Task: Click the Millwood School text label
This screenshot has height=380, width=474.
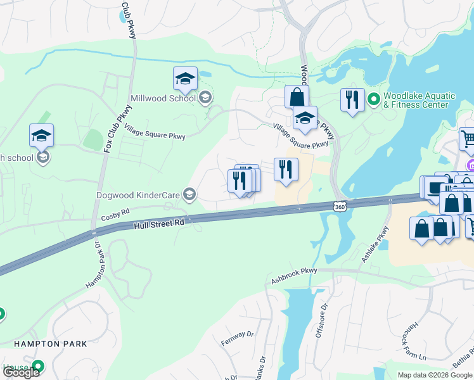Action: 163,98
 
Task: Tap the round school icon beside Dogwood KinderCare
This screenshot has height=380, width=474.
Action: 189,194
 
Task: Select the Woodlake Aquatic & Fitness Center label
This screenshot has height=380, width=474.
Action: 419,100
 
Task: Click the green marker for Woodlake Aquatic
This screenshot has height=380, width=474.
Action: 374,99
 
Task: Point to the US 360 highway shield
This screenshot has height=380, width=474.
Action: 340,206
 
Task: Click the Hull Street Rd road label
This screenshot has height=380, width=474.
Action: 159,225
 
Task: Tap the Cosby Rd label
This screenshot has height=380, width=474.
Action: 115,215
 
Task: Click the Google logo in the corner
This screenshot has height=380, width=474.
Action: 20,372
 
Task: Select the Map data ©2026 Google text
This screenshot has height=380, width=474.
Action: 435,375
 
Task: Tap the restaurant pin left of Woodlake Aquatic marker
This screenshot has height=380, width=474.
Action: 352,101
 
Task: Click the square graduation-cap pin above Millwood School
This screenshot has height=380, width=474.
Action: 185,79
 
